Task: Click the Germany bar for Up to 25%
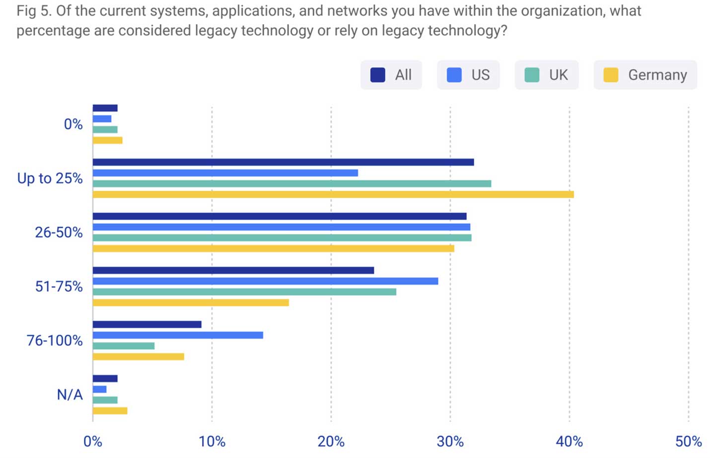[333, 194]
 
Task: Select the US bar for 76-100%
[178, 335]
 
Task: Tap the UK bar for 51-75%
[244, 292]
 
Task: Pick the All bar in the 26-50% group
[280, 216]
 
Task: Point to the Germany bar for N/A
[110, 411]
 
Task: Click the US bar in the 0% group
[102, 119]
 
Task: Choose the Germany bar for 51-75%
[191, 303]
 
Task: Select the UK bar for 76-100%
[124, 346]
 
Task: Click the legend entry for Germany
[645, 75]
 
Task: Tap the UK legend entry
[547, 75]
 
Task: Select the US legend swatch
[454, 75]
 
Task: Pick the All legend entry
[391, 75]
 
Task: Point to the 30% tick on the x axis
[450, 441]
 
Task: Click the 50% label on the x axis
[688, 441]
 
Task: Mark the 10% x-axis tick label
[212, 441]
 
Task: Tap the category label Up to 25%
[50, 178]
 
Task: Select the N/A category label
[70, 394]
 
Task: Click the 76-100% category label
[55, 340]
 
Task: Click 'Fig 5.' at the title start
[34, 11]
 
